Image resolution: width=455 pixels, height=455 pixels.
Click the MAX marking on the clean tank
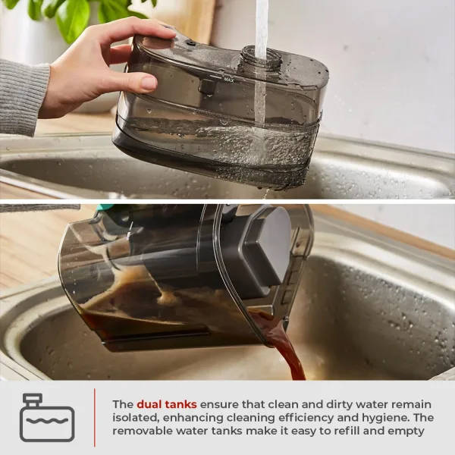tap(229, 79)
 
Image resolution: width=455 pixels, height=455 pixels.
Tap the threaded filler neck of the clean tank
tap(262, 59)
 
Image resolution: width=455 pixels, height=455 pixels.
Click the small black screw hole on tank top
tap(191, 43)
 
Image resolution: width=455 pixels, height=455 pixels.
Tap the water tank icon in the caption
tap(47, 417)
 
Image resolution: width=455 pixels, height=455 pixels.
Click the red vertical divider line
tap(95, 417)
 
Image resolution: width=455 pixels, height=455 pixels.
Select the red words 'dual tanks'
tap(167, 404)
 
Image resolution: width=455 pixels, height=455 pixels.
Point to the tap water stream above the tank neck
tap(261, 24)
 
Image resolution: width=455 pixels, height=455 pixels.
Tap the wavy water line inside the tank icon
tap(47, 420)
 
